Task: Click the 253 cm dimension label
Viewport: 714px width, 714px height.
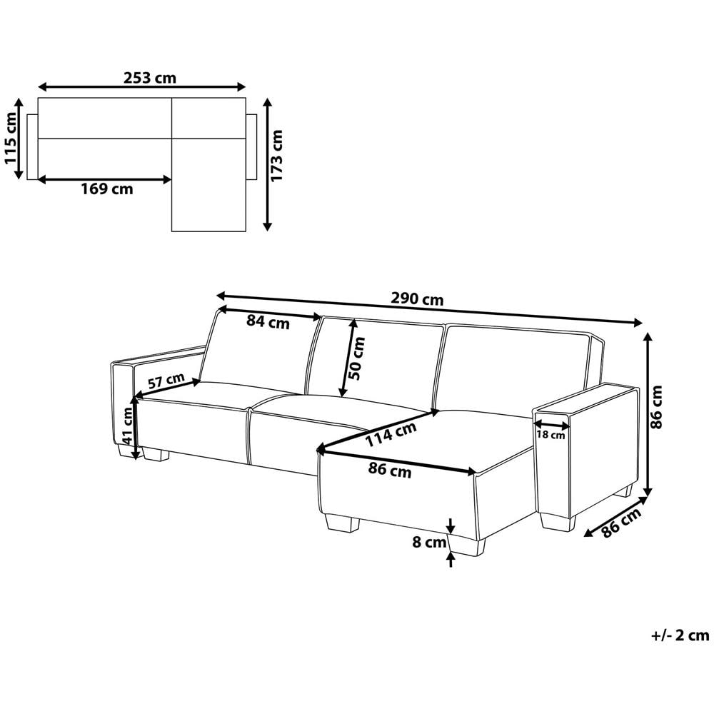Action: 150,78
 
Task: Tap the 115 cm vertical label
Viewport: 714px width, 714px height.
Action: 10,138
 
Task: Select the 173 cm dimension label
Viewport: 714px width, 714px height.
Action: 276,155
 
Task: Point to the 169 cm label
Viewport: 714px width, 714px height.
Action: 107,188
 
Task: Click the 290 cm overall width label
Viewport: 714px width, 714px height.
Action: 417,299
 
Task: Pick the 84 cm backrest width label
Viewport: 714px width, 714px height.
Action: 268,322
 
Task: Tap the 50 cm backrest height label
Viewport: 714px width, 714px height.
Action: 358,358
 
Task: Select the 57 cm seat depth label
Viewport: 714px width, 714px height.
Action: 166,381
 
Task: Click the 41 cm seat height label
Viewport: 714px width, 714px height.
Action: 128,426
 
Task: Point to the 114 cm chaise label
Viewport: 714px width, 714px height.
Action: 391,434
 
